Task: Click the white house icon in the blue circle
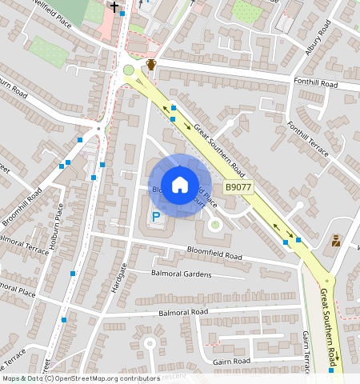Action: coord(180,184)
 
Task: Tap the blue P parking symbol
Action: coord(157,216)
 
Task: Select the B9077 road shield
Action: coord(238,187)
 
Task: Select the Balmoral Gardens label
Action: coord(181,274)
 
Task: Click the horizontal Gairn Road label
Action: coord(232,362)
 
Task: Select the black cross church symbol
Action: coord(114,6)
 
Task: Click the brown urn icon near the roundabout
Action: coord(150,64)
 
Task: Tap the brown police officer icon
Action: coord(336,240)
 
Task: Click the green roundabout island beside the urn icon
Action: coord(129,70)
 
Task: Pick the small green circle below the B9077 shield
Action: coord(214,225)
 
